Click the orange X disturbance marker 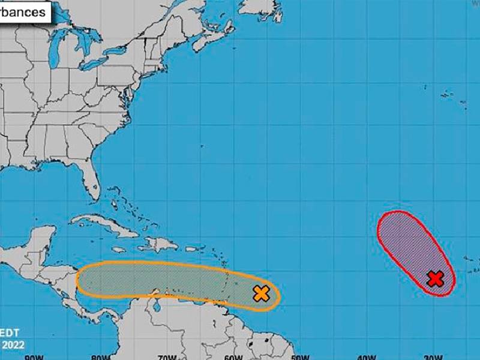(x=261, y=293)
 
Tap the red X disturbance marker (x=435, y=278)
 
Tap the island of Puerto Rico (x=191, y=249)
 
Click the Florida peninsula (x=90, y=177)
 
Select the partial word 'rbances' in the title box (x=23, y=12)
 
